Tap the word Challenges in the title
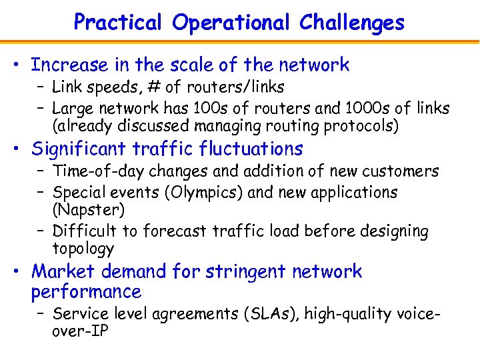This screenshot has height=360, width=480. point(352,23)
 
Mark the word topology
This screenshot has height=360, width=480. point(83,249)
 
